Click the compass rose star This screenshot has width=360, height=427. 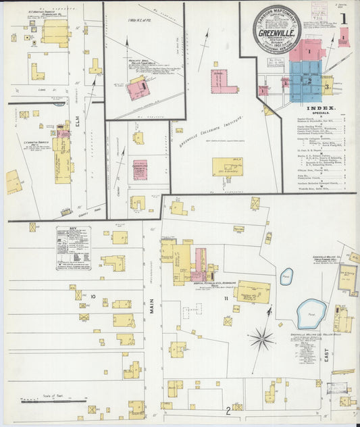[x=261, y=337]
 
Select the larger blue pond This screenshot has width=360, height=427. [x=311, y=313]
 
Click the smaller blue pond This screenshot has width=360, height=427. [x=286, y=276]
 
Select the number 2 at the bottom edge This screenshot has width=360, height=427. [x=228, y=409]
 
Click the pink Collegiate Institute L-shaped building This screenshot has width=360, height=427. [x=224, y=82]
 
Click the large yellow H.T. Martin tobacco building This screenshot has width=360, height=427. [x=55, y=32]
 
